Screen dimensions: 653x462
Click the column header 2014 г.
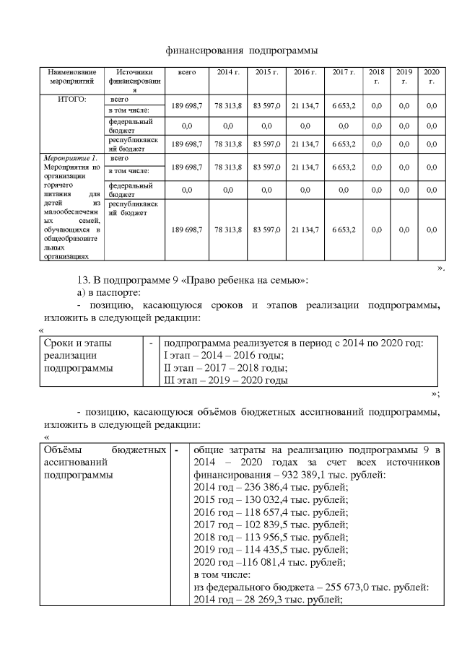pyautogui.click(x=227, y=74)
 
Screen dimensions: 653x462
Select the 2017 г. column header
pyautogui.click(x=343, y=74)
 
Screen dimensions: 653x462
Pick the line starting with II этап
pyautogui.click(x=226, y=367)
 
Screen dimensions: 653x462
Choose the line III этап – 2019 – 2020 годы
pyautogui.click(x=226, y=380)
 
